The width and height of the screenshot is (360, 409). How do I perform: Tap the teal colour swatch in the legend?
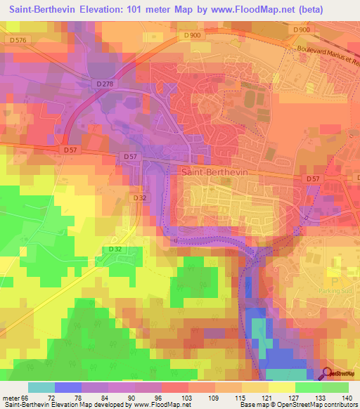tap(41, 387)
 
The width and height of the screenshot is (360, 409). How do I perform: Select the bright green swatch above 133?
tap(308, 387)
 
